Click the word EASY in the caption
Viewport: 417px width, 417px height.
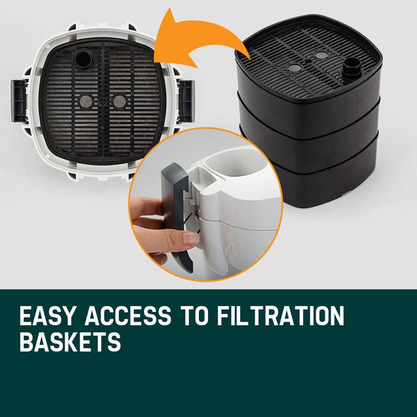(48, 316)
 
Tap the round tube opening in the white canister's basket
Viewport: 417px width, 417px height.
(83, 59)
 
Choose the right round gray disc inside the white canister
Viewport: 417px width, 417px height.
(119, 102)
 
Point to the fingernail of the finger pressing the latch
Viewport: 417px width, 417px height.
(191, 239)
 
